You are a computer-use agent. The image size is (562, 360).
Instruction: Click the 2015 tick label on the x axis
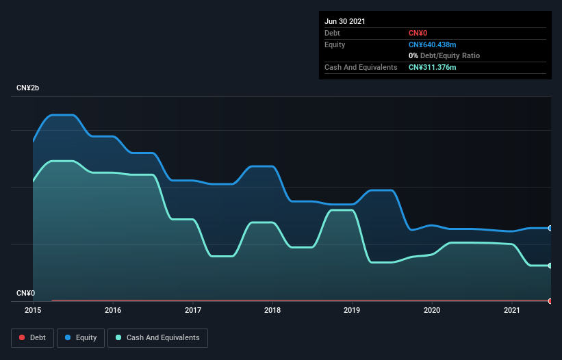pyautogui.click(x=33, y=310)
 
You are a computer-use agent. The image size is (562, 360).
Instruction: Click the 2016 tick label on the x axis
pyautogui.click(x=113, y=310)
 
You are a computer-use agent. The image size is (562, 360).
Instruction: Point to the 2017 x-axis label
pyautogui.click(x=193, y=310)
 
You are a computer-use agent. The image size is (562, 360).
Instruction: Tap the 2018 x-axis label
pyautogui.click(x=272, y=310)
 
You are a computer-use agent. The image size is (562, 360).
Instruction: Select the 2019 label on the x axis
pyautogui.click(x=353, y=310)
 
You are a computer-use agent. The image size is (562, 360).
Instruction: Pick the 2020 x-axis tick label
pyautogui.click(x=432, y=310)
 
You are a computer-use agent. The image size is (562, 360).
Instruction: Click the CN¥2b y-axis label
pyautogui.click(x=28, y=88)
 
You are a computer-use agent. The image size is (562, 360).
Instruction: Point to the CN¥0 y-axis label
pyautogui.click(x=25, y=293)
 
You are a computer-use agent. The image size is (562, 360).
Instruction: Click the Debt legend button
pyautogui.click(x=32, y=337)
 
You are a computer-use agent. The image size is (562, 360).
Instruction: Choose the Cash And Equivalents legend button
pyautogui.click(x=157, y=337)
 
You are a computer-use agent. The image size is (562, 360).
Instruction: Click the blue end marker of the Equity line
pyautogui.click(x=550, y=228)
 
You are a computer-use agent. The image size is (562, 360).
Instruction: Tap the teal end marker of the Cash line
pyautogui.click(x=550, y=266)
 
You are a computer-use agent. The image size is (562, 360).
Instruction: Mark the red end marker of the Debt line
pyautogui.click(x=550, y=300)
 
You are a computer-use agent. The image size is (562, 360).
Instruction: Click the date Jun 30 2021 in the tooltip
pyautogui.click(x=345, y=21)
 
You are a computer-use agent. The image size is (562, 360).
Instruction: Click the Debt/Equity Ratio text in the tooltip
pyautogui.click(x=450, y=55)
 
